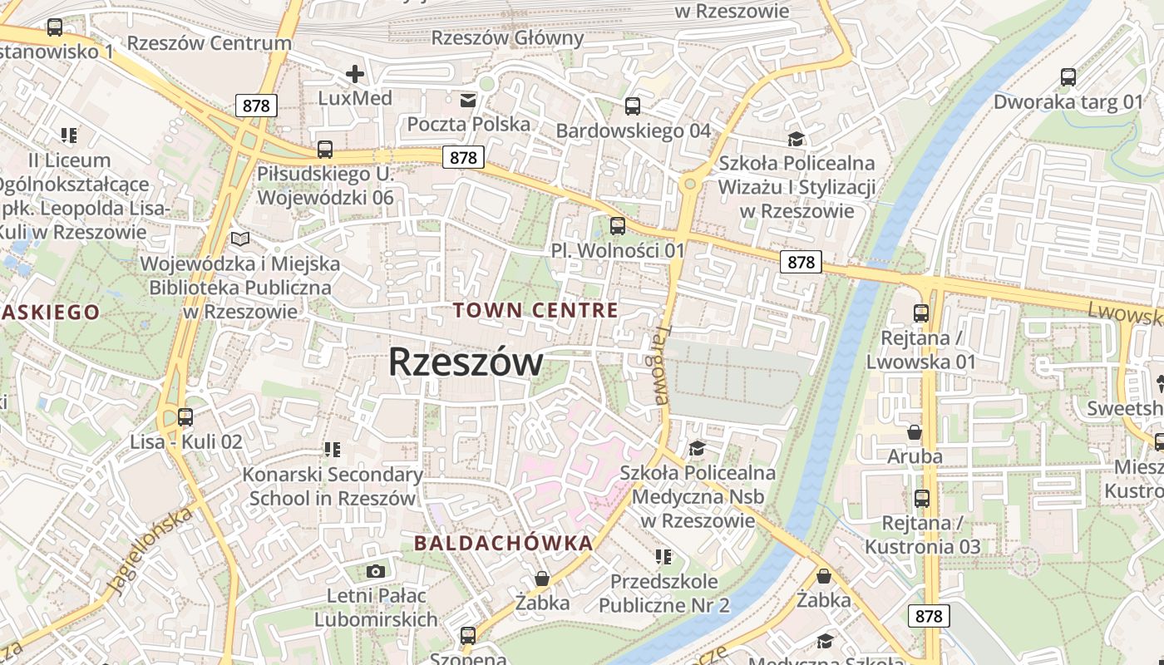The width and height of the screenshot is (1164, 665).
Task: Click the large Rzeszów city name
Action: (x=466, y=362)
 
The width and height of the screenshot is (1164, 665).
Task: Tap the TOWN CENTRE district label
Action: (x=535, y=311)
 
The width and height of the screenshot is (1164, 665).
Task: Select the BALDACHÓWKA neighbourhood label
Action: (x=503, y=544)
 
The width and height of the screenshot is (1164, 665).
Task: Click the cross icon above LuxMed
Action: (x=355, y=74)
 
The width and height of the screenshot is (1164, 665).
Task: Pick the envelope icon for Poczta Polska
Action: (x=468, y=101)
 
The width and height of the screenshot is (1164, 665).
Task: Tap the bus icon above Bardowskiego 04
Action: (x=633, y=106)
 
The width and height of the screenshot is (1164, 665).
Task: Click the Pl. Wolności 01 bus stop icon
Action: (x=618, y=225)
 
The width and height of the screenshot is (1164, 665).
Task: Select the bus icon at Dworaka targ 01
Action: (x=1068, y=77)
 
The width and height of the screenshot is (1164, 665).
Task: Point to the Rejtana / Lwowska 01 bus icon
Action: (x=921, y=313)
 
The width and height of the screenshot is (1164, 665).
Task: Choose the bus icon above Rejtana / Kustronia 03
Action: (x=922, y=499)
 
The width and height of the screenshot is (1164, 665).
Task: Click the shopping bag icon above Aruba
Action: (x=915, y=432)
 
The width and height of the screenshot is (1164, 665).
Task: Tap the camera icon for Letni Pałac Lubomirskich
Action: (x=376, y=571)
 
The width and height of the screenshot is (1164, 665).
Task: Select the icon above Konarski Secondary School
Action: (x=333, y=450)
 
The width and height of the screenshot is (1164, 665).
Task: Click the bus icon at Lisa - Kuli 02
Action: (x=185, y=417)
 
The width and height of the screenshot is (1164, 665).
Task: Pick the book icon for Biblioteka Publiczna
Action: (x=240, y=239)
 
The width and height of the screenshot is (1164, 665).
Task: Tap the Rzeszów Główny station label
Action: (x=508, y=37)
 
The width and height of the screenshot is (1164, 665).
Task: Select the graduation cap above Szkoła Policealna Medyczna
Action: (x=697, y=449)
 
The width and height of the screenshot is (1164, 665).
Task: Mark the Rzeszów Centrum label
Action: (x=210, y=43)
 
